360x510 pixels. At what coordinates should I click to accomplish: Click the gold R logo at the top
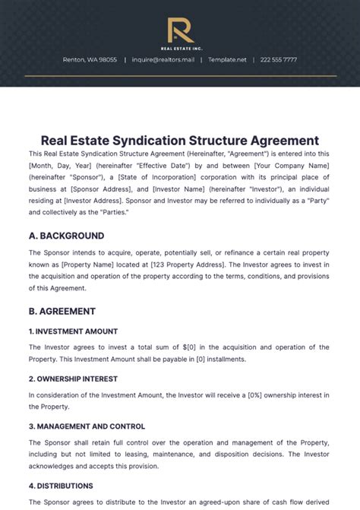click(x=180, y=30)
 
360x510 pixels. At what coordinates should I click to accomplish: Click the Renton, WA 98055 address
click(x=90, y=59)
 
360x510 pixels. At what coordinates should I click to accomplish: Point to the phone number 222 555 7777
click(x=279, y=59)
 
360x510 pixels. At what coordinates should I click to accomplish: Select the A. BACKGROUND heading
click(x=66, y=236)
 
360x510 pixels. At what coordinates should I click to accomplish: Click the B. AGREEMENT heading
click(x=62, y=311)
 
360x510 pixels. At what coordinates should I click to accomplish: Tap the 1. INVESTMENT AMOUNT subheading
click(x=73, y=331)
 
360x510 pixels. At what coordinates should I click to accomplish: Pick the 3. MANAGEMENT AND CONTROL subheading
click(x=87, y=426)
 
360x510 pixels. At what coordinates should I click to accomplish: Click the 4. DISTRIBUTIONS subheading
click(x=61, y=486)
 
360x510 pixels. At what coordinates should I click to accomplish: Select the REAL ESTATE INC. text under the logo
click(x=180, y=48)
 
